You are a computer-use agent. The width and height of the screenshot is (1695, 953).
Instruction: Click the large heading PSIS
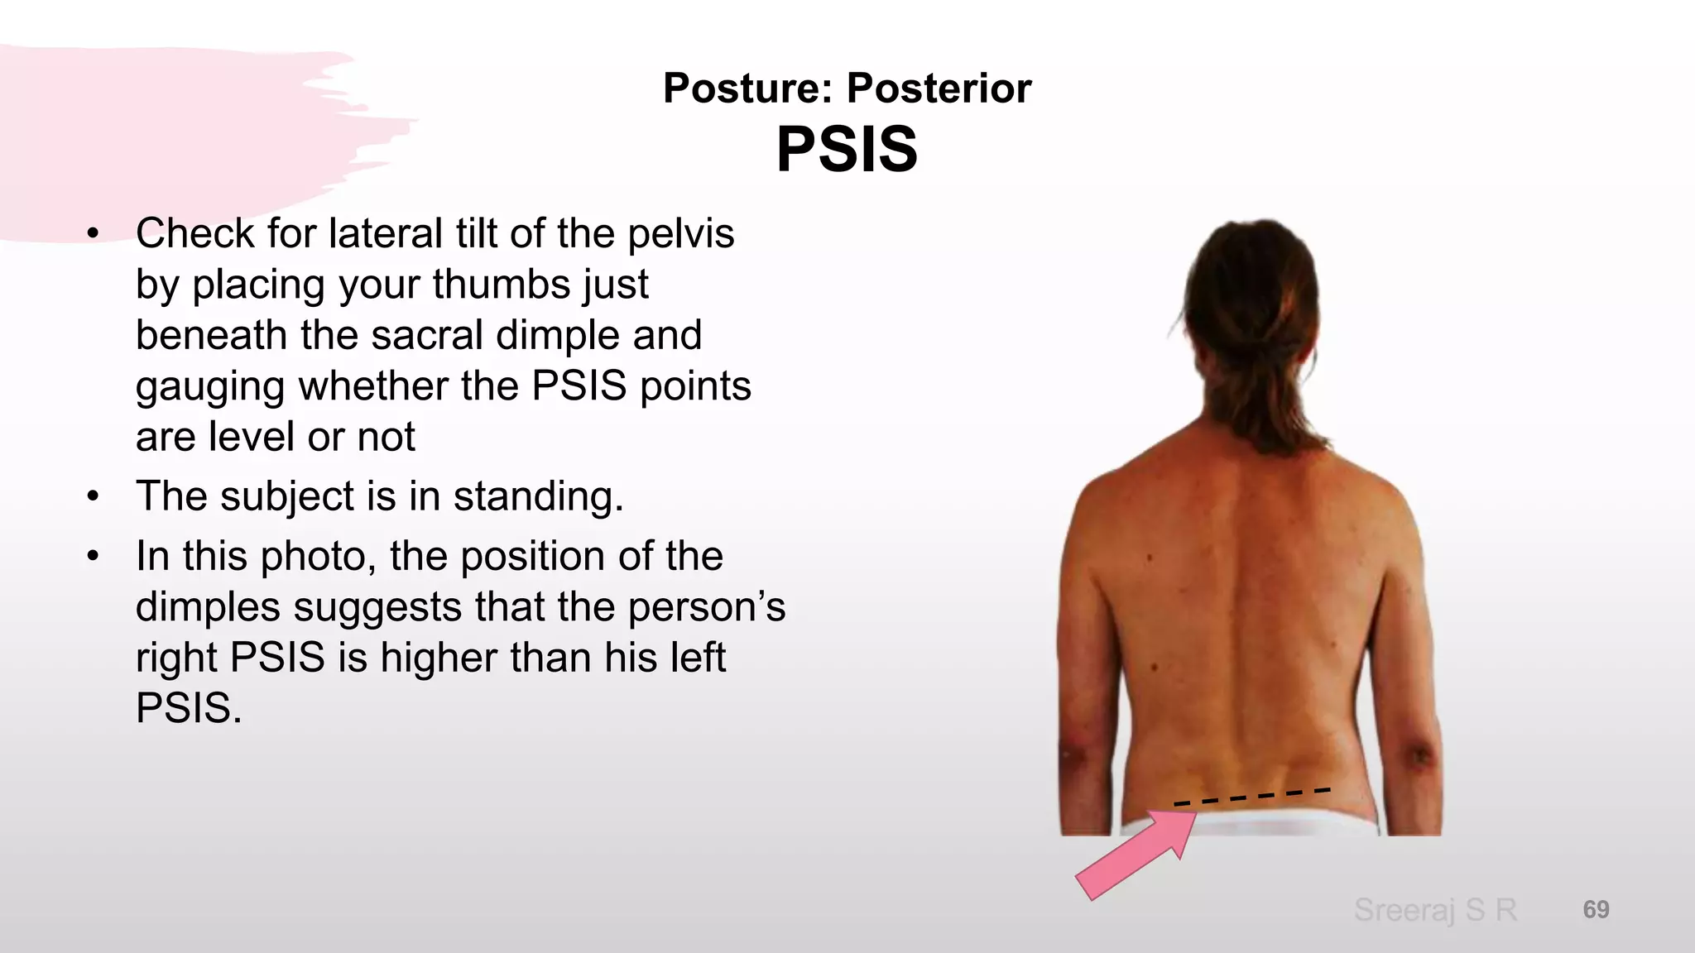click(x=847, y=150)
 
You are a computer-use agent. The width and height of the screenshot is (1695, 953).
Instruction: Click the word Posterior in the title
click(x=939, y=88)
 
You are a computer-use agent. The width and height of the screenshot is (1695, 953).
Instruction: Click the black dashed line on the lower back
click(x=1251, y=797)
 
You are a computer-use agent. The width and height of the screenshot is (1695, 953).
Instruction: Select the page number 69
click(x=1596, y=909)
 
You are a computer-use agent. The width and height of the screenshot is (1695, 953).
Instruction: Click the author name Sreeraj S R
click(x=1435, y=910)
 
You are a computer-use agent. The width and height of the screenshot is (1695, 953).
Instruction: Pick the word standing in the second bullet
click(x=538, y=497)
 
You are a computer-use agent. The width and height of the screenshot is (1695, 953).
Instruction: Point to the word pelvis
click(x=680, y=234)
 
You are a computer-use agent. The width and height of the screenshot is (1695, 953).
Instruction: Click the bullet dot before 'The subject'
click(x=93, y=497)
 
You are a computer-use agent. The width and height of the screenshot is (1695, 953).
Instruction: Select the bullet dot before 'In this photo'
click(x=93, y=557)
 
